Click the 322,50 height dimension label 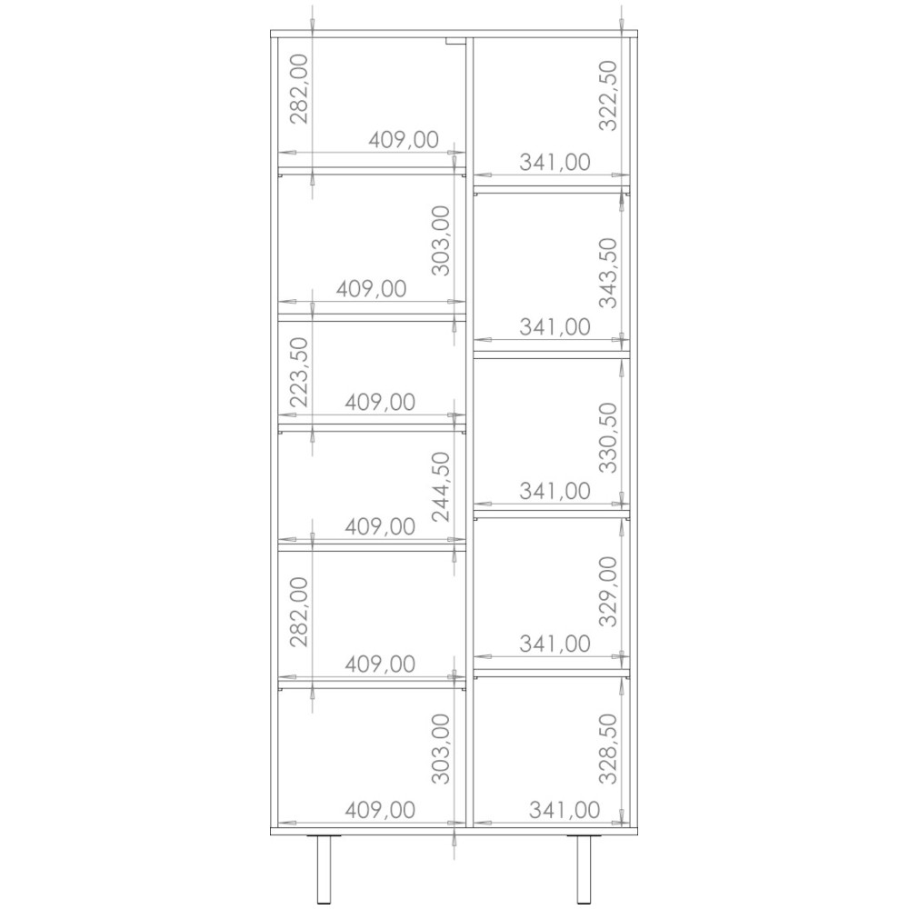point(608,95)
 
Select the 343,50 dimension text point(608,273)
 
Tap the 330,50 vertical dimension point(608,438)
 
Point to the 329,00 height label point(608,592)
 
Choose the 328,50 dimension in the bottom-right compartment point(608,749)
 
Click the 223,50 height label point(299,372)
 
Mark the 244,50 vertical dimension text point(441,487)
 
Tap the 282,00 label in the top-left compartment point(299,89)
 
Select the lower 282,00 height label point(299,612)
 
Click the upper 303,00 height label point(441,241)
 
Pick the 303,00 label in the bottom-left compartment point(441,749)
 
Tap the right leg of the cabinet point(584,870)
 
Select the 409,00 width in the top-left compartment point(404,140)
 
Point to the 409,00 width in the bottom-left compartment point(380,810)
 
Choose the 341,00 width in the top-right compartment point(554,163)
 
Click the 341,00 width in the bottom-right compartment point(564,810)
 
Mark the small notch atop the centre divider point(455,40)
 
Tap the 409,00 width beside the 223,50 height point(380,402)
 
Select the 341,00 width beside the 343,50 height point(554,327)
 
